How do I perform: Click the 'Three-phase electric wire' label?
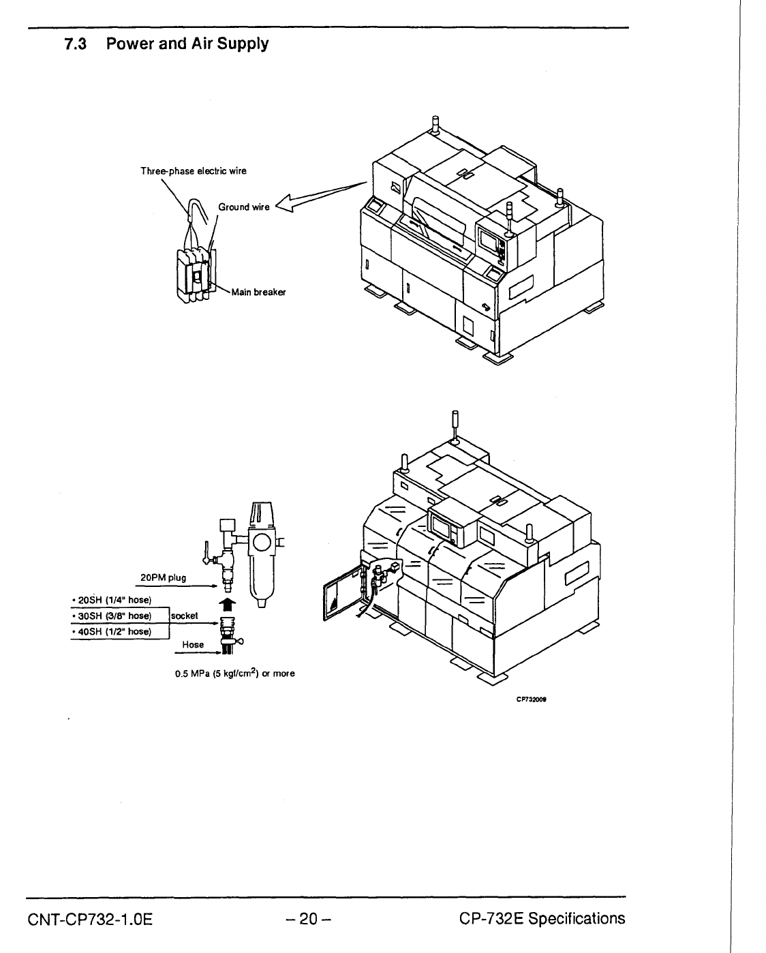[194, 171]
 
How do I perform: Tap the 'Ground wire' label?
[244, 207]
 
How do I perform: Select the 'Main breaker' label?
[258, 292]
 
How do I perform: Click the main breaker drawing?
[196, 273]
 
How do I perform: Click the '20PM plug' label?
[163, 578]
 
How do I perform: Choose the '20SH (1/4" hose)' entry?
[112, 601]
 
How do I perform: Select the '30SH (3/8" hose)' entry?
[112, 616]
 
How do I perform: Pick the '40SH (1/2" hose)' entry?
[112, 632]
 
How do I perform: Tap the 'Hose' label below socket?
[193, 644]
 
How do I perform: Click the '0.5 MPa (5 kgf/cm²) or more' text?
[234, 674]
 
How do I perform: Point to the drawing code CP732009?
[534, 698]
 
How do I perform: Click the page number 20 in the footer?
[309, 919]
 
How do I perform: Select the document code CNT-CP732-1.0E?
[90, 919]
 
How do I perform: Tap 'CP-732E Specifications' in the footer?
[542, 919]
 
